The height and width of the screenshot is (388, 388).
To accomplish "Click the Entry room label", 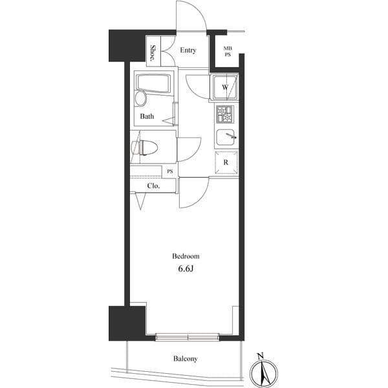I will pos(188,50).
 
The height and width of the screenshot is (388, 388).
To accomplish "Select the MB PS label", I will pos(228,51).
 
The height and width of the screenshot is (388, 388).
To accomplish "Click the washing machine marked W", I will pos(225,87).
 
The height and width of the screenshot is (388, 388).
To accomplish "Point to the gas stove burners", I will pos(224,114).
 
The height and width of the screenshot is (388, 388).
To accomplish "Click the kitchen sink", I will pos(225,138).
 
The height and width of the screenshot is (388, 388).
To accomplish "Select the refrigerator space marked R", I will pos(226,163).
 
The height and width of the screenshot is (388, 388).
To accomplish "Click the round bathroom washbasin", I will pos(140,99).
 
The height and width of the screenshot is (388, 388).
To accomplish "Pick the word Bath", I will pos(147,117).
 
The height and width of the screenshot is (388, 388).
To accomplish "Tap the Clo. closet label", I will pos(153,186).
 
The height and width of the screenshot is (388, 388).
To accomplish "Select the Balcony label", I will pos(185,359).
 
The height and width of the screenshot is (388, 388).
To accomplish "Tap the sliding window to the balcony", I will pos(188,336).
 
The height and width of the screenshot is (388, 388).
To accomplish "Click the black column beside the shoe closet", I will pos(127,45).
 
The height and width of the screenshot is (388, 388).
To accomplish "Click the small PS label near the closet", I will pos(169,171).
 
